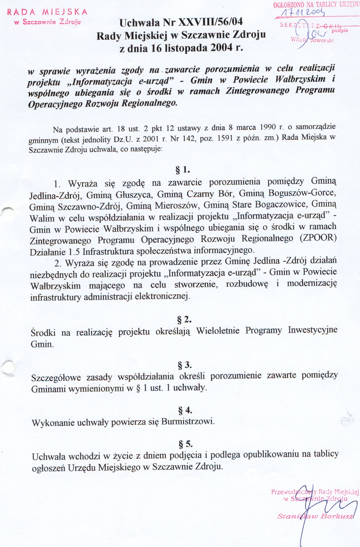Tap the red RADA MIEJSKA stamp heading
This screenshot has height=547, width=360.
tap(47, 12)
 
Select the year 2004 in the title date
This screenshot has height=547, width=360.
tap(222, 48)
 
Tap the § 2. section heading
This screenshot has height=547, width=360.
tap(184, 319)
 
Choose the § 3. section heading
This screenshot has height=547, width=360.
tap(185, 365)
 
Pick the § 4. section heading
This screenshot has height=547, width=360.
tap(185, 410)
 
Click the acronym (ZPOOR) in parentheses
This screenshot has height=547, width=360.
tap(318, 238)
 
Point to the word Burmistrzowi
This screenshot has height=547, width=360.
tap(188, 421)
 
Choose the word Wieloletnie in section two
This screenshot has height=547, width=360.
tap(218, 331)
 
